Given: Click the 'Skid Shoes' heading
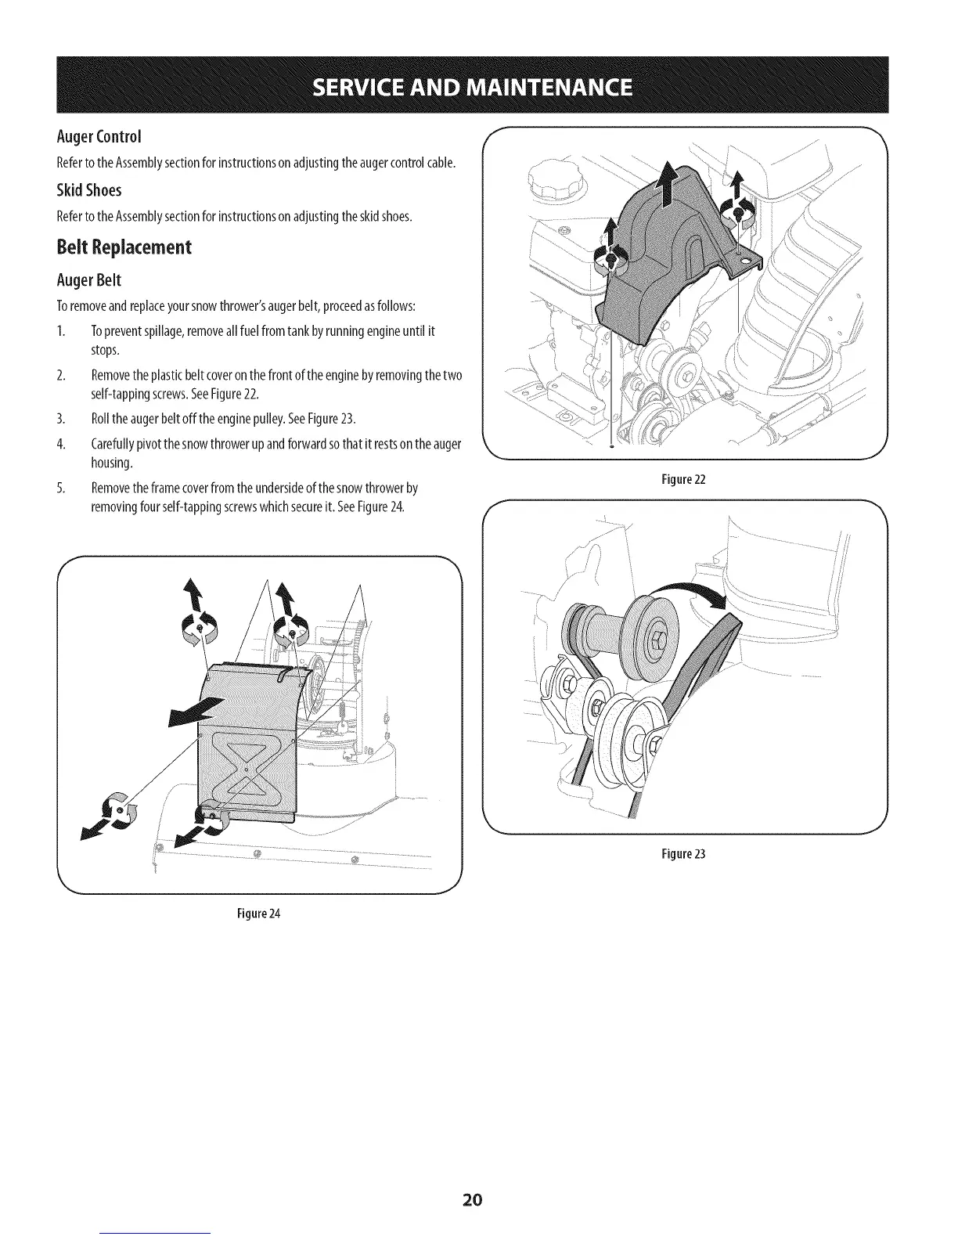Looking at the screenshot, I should [x=88, y=191].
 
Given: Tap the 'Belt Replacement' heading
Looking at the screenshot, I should [x=124, y=247].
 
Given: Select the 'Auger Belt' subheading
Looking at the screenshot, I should [x=88, y=280].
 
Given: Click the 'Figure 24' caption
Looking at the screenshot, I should [x=258, y=914].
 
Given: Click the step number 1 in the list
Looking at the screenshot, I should [x=61, y=331].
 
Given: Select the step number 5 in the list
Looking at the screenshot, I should [x=61, y=488].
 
